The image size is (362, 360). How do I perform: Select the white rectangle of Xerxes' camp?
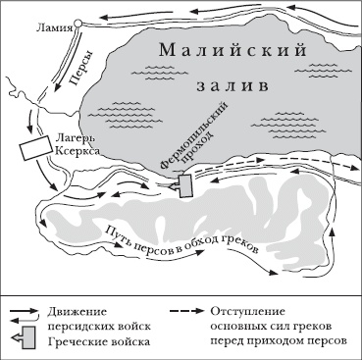coord(36,148)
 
